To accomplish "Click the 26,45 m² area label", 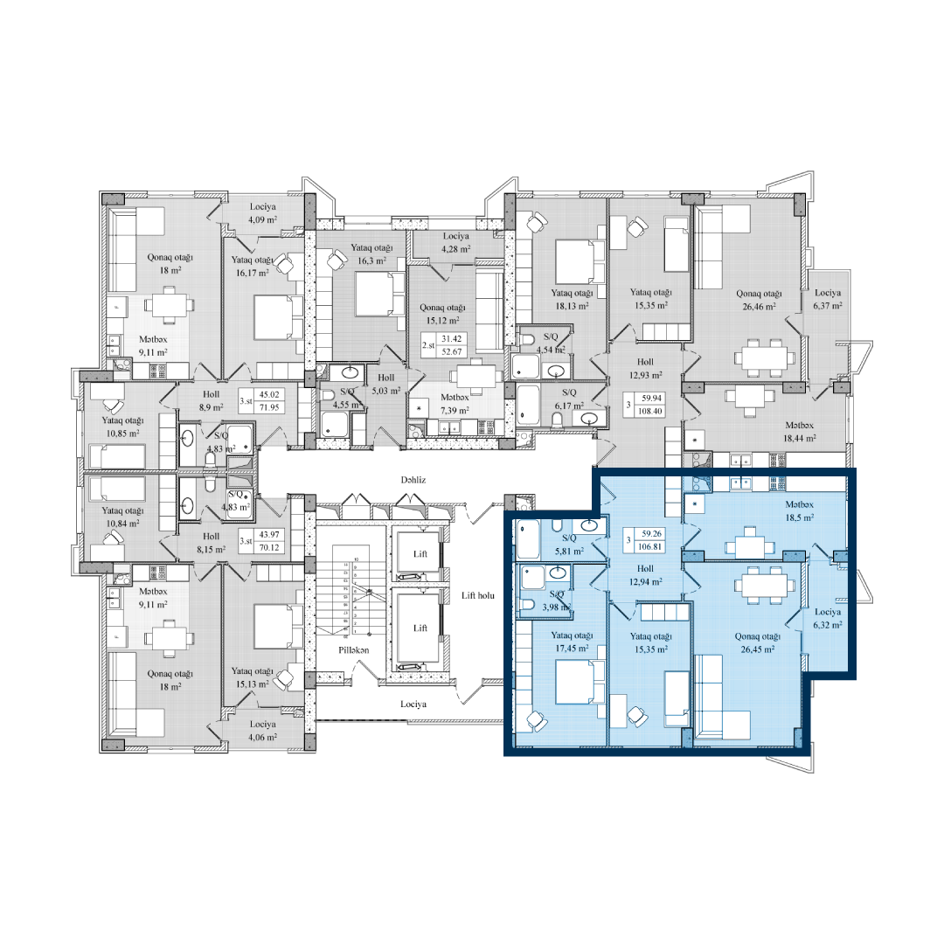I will [758, 649].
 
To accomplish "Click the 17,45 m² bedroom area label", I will [572, 649].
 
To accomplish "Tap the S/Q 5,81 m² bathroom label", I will [569, 545].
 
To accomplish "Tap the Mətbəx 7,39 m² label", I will [455, 404].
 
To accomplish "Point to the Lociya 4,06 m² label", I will [260, 731].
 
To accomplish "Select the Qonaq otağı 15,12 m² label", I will [442, 313].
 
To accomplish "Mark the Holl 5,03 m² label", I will [385, 385].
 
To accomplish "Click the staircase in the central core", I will [350, 594].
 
